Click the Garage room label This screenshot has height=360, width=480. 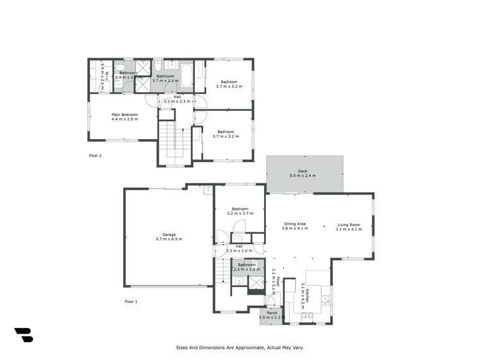169,234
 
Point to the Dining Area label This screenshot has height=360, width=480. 295,224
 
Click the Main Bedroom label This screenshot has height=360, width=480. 124,114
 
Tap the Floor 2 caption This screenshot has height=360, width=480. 95,155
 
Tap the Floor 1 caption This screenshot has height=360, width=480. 131,300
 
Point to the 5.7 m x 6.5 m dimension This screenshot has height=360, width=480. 169,240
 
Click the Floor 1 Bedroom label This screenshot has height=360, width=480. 240,209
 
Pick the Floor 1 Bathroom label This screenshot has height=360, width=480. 247,265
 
